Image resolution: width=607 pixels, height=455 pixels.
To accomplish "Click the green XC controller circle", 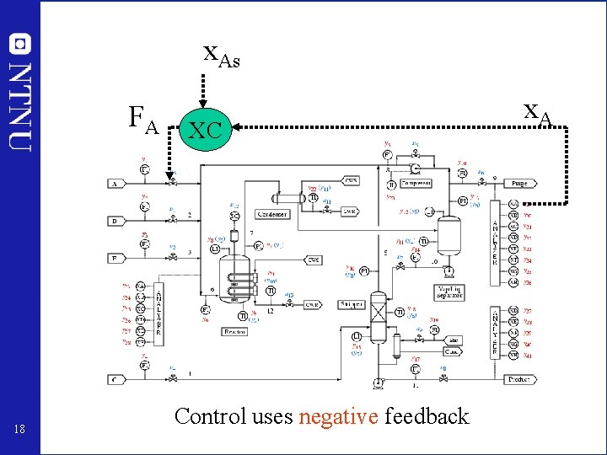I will (206, 128).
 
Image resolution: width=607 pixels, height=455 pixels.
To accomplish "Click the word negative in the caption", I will (338, 416).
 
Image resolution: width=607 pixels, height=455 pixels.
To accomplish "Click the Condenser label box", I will (271, 214).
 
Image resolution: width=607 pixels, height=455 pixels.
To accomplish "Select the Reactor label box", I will (234, 331).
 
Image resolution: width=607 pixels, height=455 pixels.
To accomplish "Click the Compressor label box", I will (416, 183).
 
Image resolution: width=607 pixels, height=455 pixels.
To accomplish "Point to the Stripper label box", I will (352, 304).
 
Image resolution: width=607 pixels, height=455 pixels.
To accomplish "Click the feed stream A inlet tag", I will (116, 183).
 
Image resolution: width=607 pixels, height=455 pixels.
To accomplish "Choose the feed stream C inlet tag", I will (116, 379).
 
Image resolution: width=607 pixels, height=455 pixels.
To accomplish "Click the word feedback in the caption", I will (426, 416).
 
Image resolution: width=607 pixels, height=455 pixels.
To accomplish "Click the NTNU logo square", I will (19, 44).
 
